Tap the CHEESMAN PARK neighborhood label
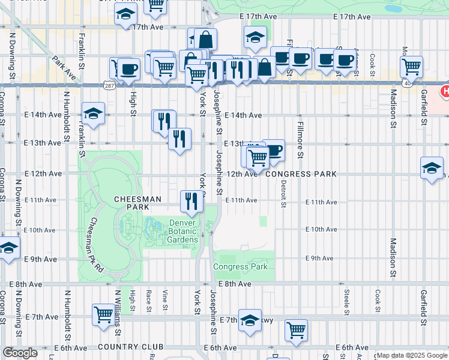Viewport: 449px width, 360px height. [x=137, y=202]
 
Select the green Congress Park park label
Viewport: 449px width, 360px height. [x=240, y=266]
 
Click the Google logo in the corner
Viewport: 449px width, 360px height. [x=20, y=353]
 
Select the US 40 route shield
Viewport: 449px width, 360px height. [x=408, y=83]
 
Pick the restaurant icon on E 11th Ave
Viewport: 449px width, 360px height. [x=191, y=201]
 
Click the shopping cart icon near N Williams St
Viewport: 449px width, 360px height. [x=103, y=313]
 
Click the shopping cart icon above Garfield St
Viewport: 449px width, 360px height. [x=411, y=66]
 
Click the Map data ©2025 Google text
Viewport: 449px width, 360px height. [x=411, y=355]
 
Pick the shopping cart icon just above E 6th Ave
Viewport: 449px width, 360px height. [x=297, y=329]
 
